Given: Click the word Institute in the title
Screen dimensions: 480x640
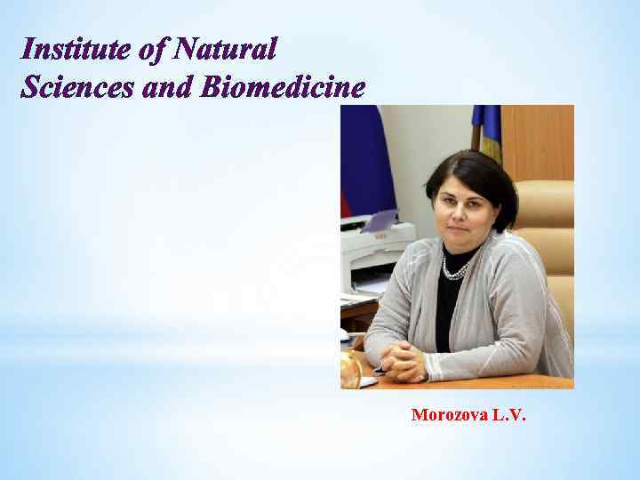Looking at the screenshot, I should click(75, 49).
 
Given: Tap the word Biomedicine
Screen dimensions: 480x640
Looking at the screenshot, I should click(284, 87).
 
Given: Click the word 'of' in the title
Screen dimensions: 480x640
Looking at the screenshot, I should click(152, 49).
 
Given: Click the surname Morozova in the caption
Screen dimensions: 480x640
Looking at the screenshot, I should click(448, 415).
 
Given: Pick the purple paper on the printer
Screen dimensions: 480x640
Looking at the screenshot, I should click(380, 220).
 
